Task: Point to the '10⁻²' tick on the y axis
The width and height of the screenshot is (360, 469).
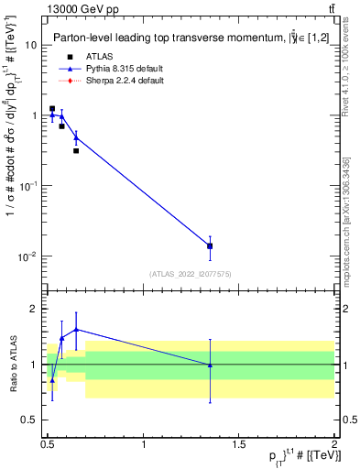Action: coord(29,256)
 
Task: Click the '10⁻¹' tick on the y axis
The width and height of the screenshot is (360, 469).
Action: coord(29,186)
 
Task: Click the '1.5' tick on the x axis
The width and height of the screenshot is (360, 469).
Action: coord(239,444)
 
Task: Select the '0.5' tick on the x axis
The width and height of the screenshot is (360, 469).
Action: coord(48,444)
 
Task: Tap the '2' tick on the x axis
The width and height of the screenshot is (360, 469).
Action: coord(334,444)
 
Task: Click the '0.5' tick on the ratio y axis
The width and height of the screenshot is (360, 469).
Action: coord(30,420)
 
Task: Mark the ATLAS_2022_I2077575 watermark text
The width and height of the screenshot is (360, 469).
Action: coord(191,274)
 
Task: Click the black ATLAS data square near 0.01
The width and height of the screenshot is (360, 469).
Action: coord(211,245)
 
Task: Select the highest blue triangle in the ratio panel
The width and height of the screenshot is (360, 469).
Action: coord(76,329)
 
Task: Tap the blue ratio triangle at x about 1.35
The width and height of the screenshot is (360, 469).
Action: coord(211,365)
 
